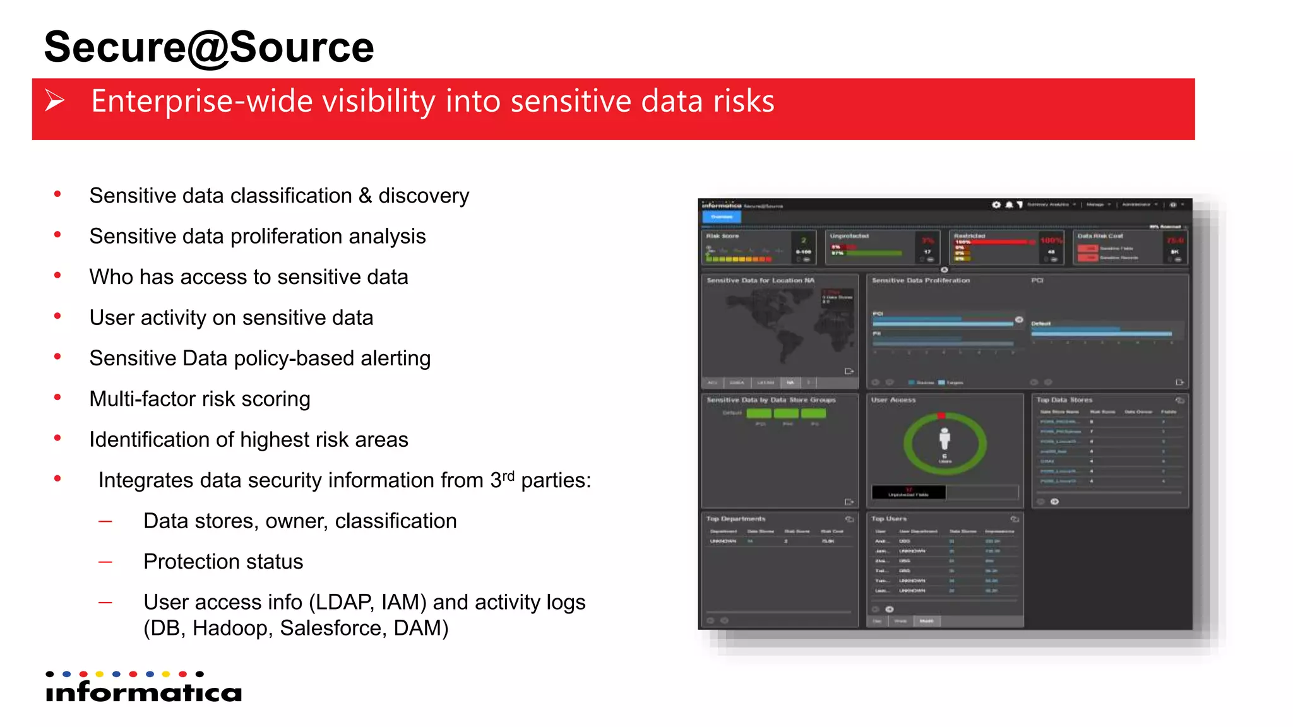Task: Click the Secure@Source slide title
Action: (x=208, y=47)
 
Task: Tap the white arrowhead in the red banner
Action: (x=55, y=101)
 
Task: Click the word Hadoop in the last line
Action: (x=230, y=629)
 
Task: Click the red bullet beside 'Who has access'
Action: (x=57, y=276)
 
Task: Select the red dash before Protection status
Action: (x=105, y=562)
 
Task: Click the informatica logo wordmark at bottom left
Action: (x=144, y=692)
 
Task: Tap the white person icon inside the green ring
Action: (x=944, y=439)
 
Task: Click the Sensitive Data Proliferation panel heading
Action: (x=921, y=280)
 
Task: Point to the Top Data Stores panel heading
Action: (x=1064, y=400)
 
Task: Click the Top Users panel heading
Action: (x=889, y=519)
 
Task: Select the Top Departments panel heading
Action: (x=736, y=519)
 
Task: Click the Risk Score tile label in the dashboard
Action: (x=722, y=236)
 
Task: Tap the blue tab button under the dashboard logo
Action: (x=722, y=217)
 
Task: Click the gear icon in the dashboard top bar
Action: (x=996, y=205)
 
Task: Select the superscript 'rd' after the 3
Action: (x=508, y=475)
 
